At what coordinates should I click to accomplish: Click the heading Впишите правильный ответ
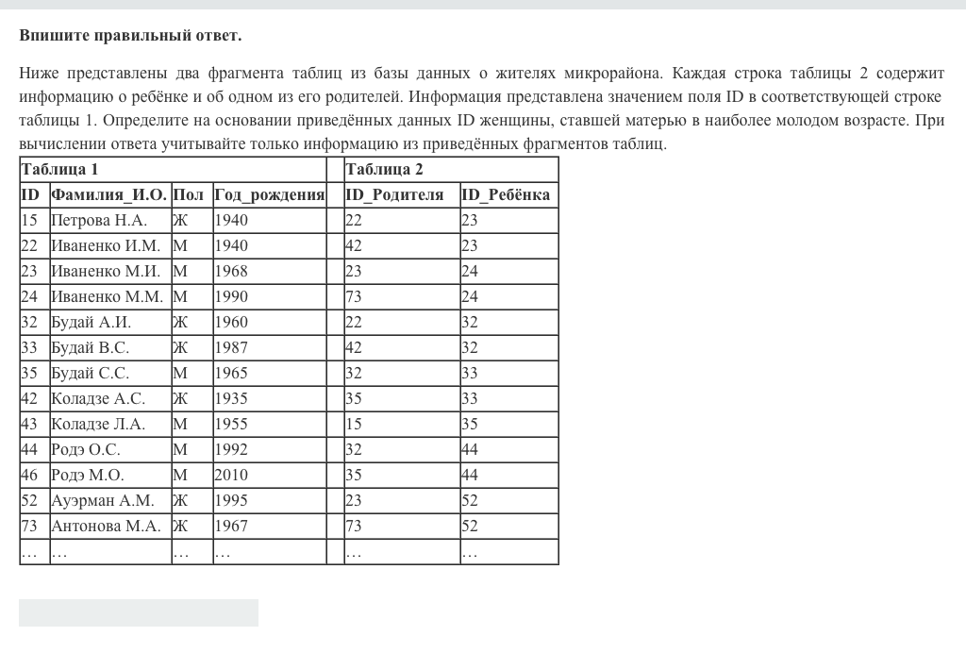point(130,36)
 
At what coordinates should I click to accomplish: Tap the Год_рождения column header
point(269,195)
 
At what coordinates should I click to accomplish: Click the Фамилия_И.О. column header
point(108,195)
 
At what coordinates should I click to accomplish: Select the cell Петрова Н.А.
point(98,221)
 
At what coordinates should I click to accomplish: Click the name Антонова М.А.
point(105,527)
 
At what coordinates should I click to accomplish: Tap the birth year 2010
point(231,476)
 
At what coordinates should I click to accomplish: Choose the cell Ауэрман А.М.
point(102,501)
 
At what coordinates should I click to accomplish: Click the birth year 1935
point(231,399)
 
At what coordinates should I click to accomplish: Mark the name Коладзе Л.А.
point(98,425)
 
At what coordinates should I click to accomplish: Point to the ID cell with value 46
point(29,476)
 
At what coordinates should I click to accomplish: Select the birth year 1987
point(231,348)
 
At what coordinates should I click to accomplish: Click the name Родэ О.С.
point(85,450)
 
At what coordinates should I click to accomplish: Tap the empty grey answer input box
point(138,612)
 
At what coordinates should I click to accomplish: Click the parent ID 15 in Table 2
point(354,425)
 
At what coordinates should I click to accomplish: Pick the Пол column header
point(188,195)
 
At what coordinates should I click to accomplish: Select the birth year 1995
point(231,501)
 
